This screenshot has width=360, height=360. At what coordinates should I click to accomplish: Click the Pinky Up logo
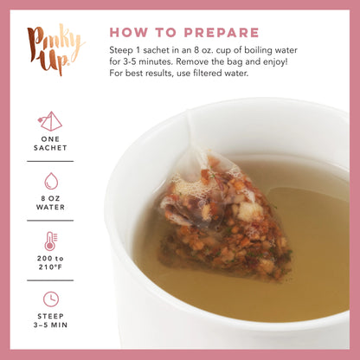coord(55,50)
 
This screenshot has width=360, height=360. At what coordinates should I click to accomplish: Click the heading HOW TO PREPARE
coord(184,33)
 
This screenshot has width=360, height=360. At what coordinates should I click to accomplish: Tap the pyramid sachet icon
coord(50,120)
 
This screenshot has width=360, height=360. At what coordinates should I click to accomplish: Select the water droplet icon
coord(50,180)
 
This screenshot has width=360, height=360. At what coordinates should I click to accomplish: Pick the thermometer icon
coord(50,241)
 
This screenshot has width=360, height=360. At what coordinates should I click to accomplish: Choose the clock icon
coord(50,299)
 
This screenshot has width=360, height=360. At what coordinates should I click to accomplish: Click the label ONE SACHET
coord(50,147)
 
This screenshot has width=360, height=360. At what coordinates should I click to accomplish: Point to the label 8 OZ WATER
coord(50,207)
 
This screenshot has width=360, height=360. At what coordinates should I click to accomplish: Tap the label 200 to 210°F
coord(50,267)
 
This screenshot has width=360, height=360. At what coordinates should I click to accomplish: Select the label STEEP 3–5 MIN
coord(50,325)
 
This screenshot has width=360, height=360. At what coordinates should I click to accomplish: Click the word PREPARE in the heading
coord(220,33)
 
